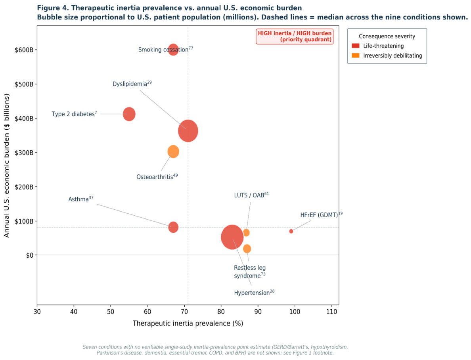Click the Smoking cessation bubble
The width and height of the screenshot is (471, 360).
173,50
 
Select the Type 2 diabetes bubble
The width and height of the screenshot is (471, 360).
129,114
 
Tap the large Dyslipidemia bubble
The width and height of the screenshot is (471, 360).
188,131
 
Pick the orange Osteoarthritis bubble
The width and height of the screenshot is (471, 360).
173,151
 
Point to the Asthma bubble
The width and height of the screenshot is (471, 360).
173,227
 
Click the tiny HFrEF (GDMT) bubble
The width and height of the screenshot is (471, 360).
291,231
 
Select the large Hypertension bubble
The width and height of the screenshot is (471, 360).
232,237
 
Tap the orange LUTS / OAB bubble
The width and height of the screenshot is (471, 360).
246,233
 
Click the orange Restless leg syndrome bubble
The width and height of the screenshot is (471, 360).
247,249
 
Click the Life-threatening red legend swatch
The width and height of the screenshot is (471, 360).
356,46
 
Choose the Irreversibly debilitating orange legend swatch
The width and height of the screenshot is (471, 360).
356,56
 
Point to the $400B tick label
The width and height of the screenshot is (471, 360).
24,119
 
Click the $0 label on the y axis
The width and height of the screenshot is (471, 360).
29,255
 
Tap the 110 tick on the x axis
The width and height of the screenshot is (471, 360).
331,312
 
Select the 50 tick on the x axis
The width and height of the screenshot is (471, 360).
111,312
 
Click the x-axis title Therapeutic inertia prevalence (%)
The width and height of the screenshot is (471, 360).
188,324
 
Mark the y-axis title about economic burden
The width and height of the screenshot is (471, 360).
7,166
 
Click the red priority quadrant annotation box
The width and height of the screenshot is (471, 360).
295,36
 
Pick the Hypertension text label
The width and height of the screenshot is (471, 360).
254,292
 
